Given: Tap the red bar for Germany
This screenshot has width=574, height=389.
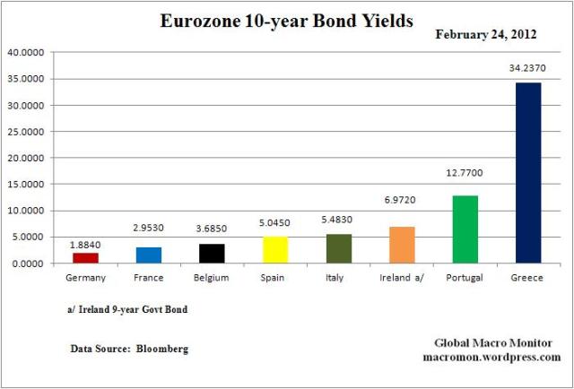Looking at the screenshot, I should (x=85, y=258).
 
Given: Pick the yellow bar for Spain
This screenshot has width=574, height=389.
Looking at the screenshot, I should (x=275, y=250).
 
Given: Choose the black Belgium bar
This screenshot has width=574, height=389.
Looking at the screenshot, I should (x=212, y=254).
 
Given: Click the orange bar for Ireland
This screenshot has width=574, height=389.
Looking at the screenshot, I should (x=402, y=245).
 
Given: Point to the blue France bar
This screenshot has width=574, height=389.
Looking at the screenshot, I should (x=149, y=255).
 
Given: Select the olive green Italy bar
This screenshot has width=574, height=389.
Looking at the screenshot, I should (x=338, y=249).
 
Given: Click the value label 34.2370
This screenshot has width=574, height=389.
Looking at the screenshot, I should (x=527, y=68).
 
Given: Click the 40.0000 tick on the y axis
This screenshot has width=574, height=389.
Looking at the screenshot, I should (x=30, y=52).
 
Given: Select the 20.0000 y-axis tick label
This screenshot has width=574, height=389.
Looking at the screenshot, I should (x=30, y=158).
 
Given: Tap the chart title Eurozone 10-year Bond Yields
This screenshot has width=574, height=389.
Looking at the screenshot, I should (x=286, y=20).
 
